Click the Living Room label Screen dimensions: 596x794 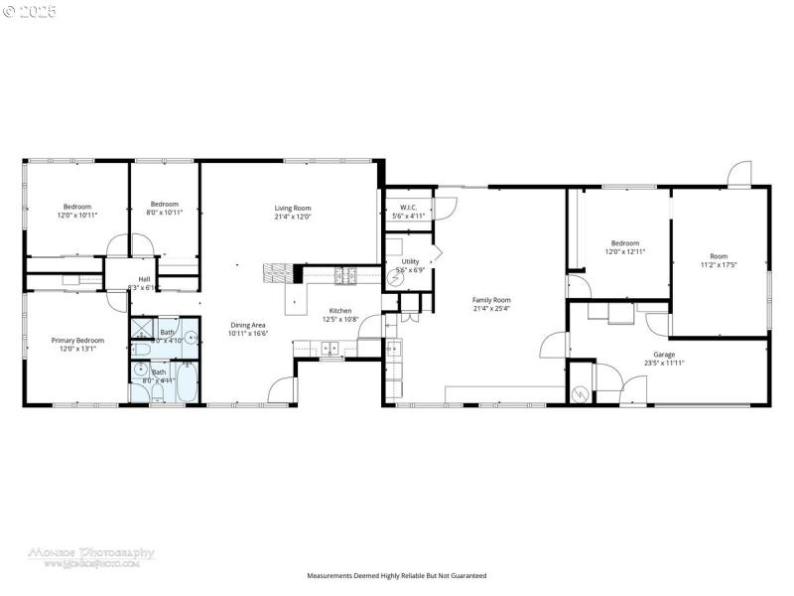point(293,208)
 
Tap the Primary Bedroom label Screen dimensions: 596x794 point(77,340)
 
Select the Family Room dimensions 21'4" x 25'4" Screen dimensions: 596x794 point(491,308)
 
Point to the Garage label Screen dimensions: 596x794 point(664,354)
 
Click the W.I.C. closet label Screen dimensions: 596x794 point(407,208)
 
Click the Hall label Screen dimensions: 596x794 point(144,279)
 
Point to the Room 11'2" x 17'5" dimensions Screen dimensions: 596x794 point(719,265)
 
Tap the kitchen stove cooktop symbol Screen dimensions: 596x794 point(348,273)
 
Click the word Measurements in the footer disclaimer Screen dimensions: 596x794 point(331,575)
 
